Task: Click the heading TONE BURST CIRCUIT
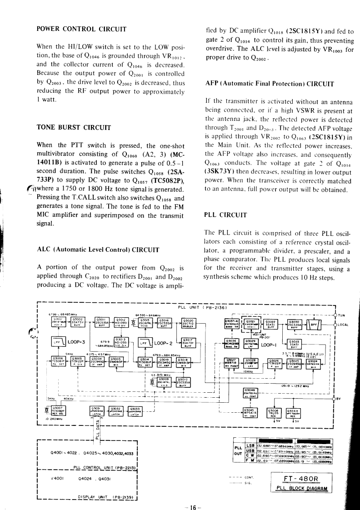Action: click(72, 127)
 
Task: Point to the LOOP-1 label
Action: click(270, 344)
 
